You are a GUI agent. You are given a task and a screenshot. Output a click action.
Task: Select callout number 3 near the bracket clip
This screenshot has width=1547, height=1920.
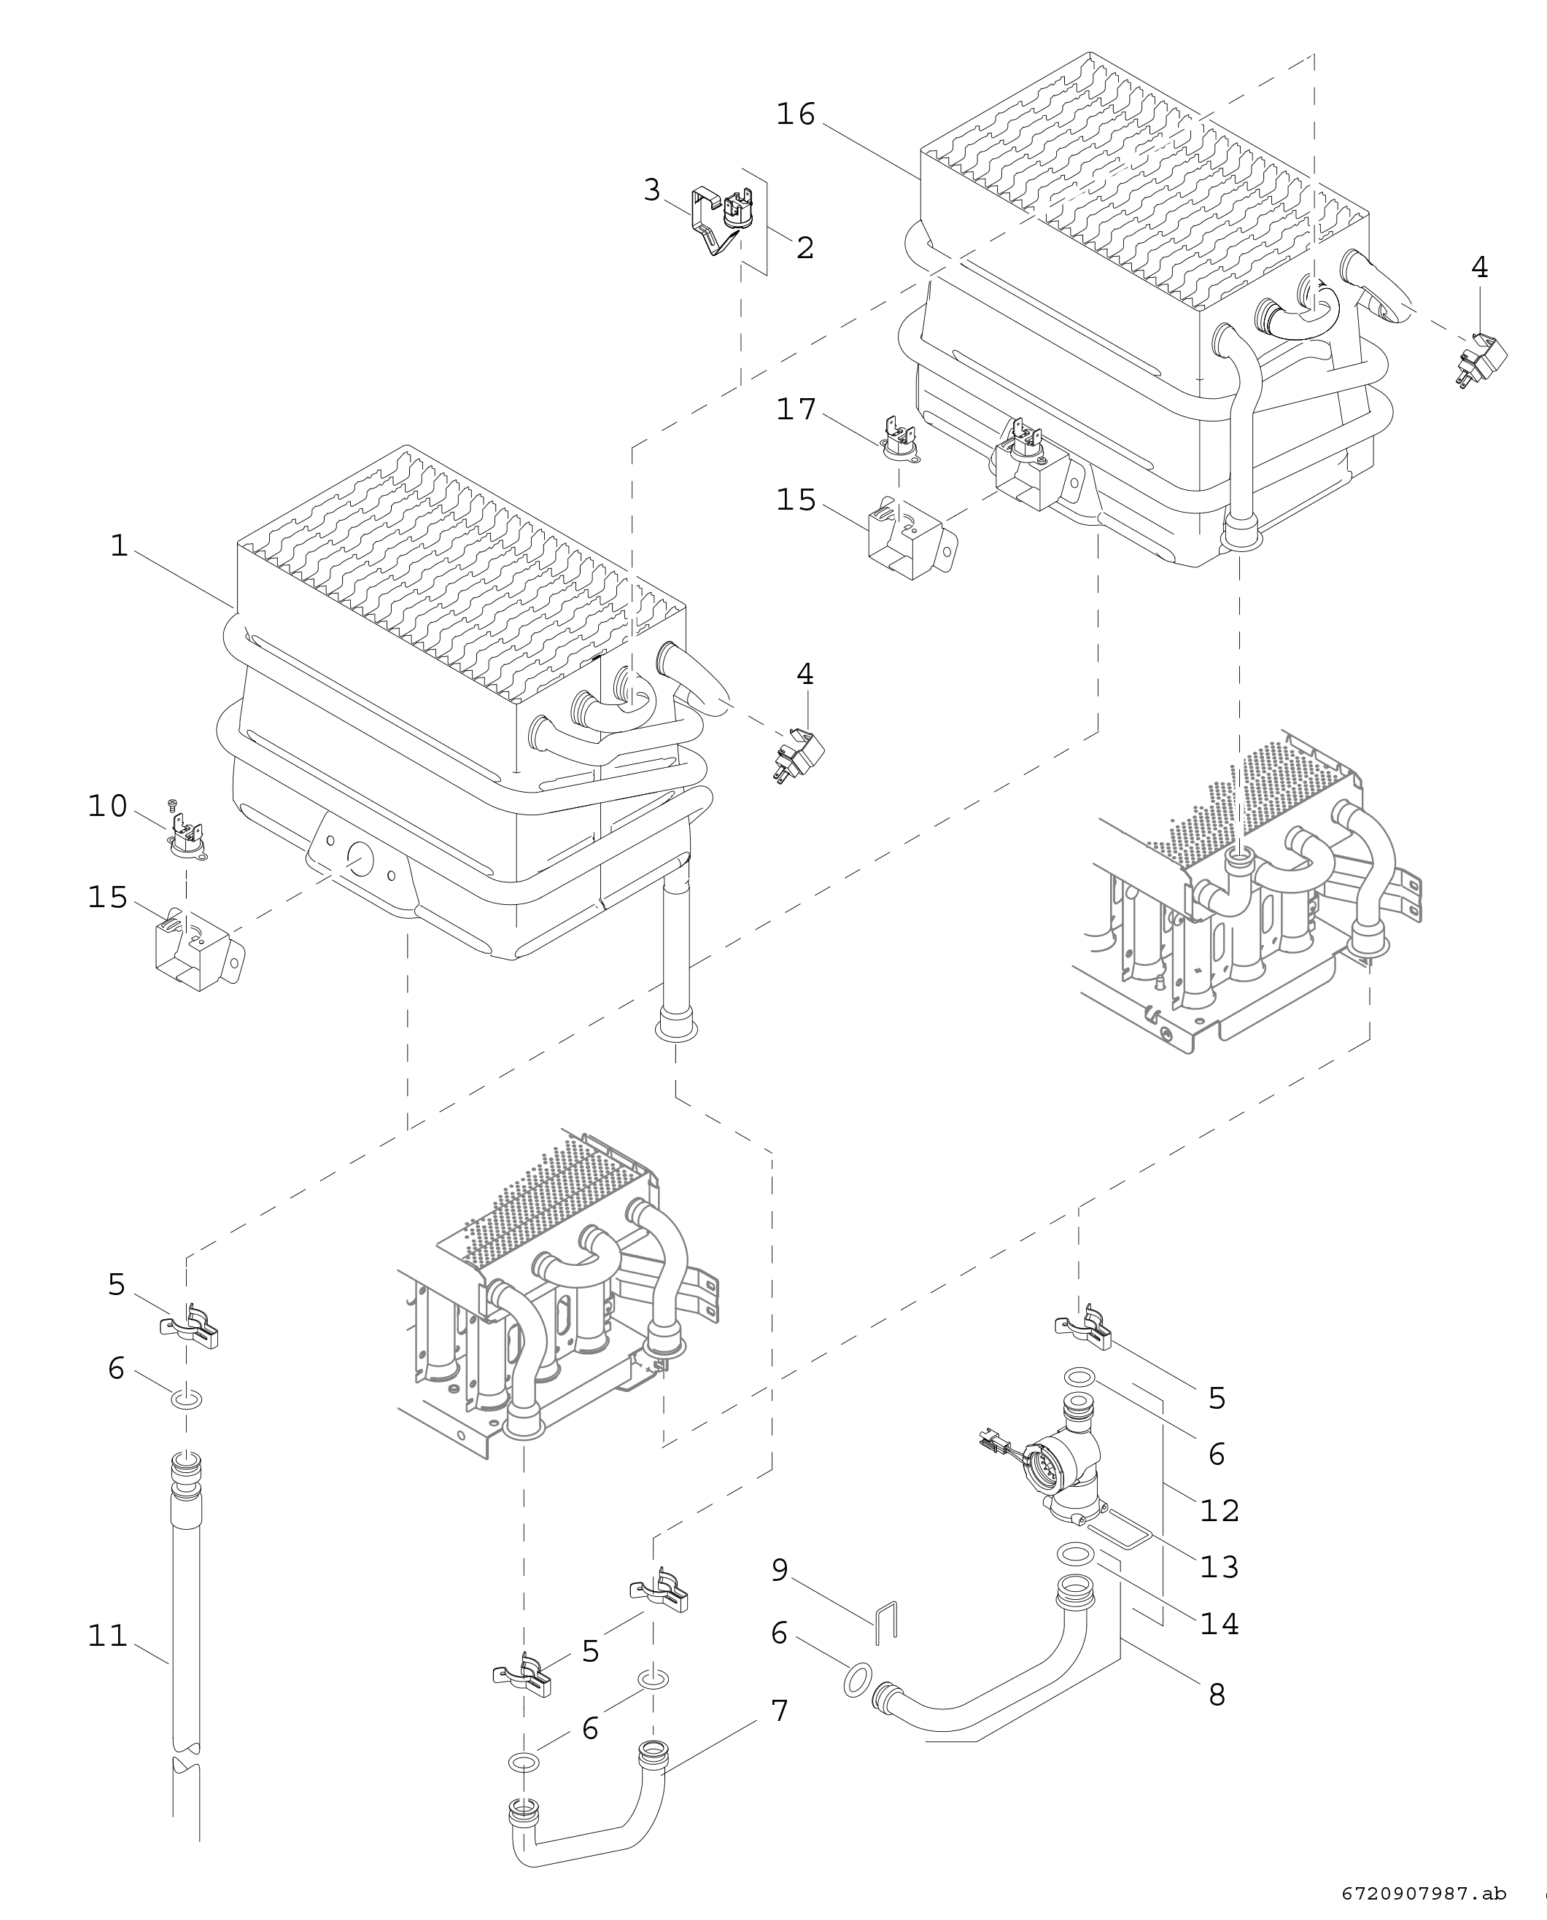coord(652,190)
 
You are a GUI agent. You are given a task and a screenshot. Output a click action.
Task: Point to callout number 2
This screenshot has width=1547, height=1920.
coord(804,248)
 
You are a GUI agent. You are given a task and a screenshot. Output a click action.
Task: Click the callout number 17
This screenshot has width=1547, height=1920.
coord(796,409)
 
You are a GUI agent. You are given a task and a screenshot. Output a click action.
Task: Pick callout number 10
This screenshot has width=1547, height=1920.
coord(107,806)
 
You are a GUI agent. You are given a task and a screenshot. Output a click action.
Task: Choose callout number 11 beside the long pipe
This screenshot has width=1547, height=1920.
coord(107,1636)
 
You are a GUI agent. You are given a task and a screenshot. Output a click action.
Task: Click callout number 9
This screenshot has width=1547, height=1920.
coord(780,1570)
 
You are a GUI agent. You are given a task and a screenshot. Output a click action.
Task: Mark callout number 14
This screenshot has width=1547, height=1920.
coord(1219,1623)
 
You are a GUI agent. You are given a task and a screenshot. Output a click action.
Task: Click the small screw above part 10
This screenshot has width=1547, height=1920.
coord(174,807)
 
